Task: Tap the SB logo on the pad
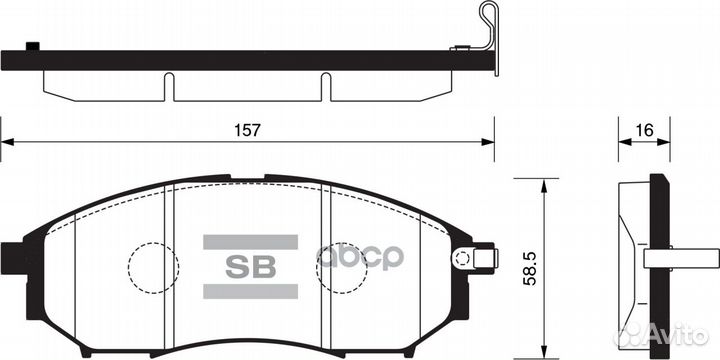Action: tap(251, 266)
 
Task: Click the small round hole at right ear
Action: tap(462, 258)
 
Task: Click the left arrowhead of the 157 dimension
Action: tap(7, 142)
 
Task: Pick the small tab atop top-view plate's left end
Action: tap(32, 45)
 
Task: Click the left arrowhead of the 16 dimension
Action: tap(622, 142)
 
